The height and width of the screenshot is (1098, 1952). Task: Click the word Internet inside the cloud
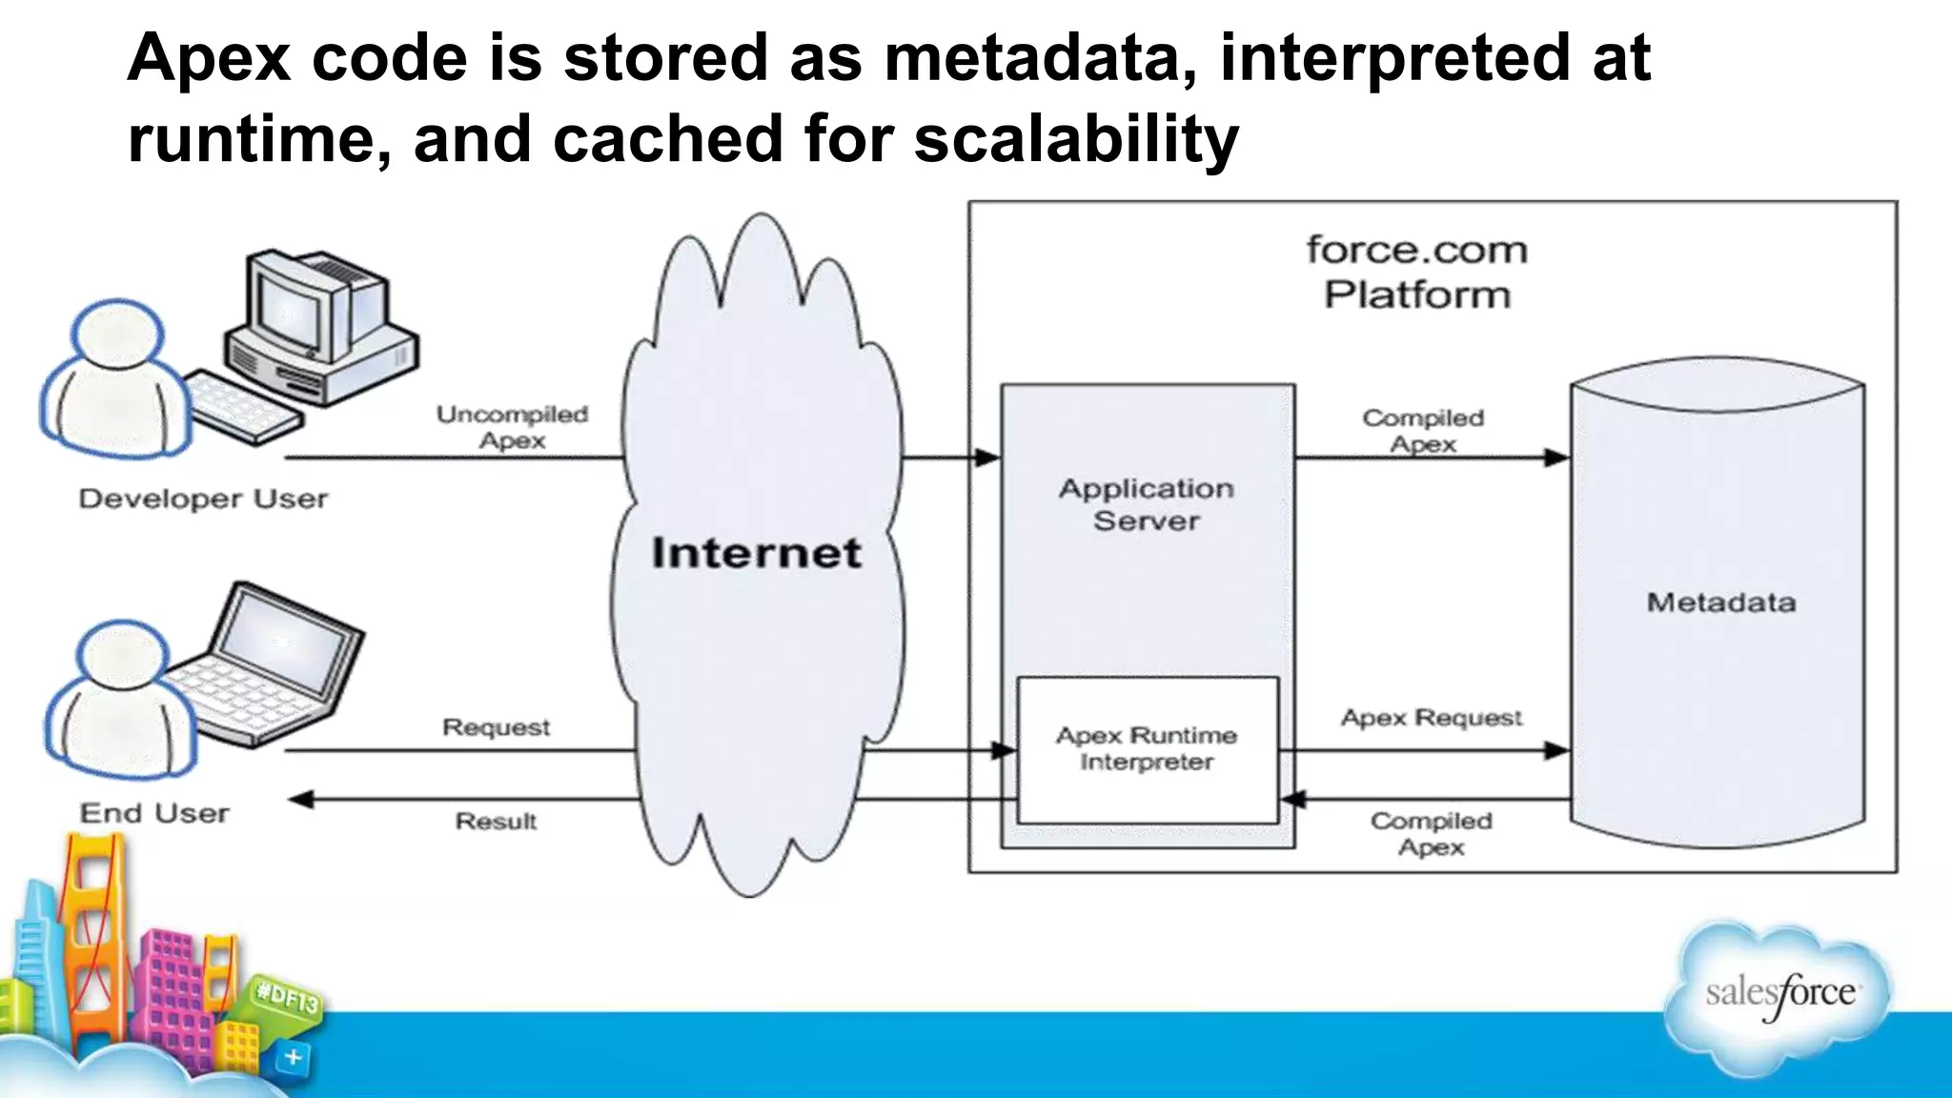[756, 553]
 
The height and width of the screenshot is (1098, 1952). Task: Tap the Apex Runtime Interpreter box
[1147, 749]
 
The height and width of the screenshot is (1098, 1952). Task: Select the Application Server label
[1147, 504]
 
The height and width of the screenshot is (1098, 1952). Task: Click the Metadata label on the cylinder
[1720, 602]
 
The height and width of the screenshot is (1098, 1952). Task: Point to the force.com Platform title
[1417, 273]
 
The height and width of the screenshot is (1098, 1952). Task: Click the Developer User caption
[203, 498]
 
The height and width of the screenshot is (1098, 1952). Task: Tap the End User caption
[154, 813]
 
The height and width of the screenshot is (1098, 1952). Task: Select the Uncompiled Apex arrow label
[513, 427]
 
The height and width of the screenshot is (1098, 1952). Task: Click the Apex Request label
[1431, 718]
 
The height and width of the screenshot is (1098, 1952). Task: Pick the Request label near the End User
[496, 727]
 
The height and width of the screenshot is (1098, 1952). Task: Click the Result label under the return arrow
[496, 821]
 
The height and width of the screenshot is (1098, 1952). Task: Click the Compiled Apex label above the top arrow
[1423, 431]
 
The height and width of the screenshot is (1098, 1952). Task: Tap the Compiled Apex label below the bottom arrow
[1431, 834]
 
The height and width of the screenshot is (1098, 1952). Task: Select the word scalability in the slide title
[1076, 139]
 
